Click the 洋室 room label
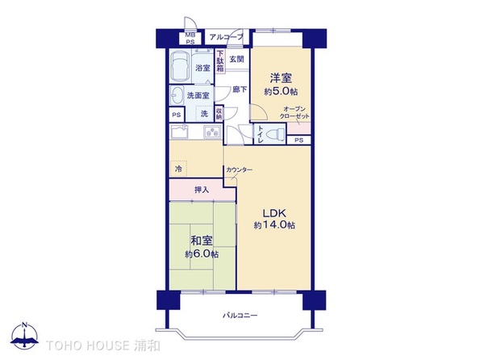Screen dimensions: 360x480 [x=280, y=77]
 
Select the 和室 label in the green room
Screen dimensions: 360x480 [x=201, y=241]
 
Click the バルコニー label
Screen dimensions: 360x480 [x=240, y=316]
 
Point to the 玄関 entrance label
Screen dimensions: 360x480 [x=236, y=59]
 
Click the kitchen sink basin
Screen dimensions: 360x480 [x=180, y=132]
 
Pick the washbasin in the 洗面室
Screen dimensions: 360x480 [x=177, y=96]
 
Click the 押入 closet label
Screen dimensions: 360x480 [x=202, y=190]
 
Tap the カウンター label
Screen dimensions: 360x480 [x=240, y=170]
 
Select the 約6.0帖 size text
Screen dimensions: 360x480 [x=201, y=253]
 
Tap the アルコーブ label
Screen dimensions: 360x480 [x=225, y=37]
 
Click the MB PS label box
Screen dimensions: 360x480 [x=190, y=39]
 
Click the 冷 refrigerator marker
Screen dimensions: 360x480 [x=178, y=169]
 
